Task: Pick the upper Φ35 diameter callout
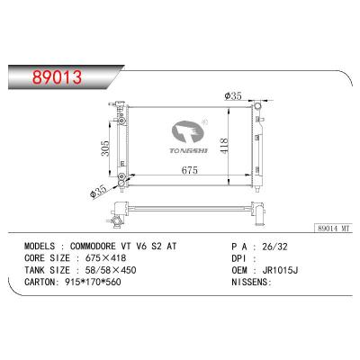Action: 233,98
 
